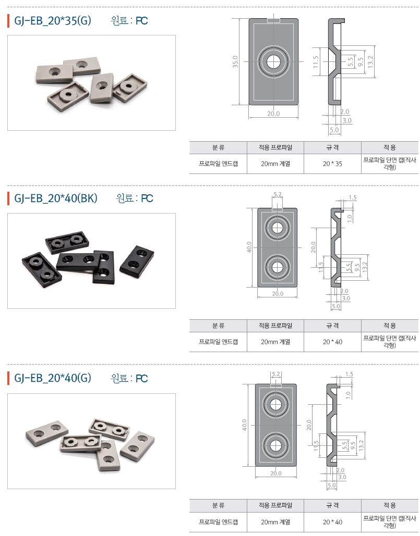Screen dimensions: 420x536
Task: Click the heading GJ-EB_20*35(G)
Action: tap(53, 21)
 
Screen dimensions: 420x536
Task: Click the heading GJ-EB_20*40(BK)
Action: tap(56, 198)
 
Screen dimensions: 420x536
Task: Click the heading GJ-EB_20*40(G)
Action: tap(53, 378)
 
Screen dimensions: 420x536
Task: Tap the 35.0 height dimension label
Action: tap(235, 62)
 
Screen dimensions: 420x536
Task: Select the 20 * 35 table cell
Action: tap(332, 164)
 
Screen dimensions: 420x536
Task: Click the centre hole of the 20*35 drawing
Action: tap(273, 62)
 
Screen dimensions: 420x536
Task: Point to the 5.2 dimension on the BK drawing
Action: tap(277, 194)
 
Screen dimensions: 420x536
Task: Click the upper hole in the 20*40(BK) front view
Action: tap(277, 227)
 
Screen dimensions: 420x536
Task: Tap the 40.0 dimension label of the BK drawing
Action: tap(249, 247)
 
